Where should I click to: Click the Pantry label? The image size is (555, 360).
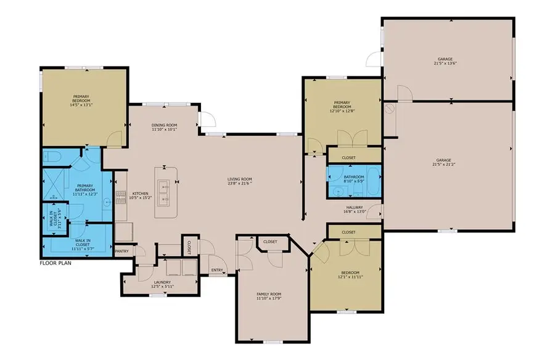click(122, 251)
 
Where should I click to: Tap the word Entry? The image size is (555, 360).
click(216, 270)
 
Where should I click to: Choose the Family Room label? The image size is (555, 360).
click(269, 294)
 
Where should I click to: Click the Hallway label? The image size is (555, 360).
click(355, 207)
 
